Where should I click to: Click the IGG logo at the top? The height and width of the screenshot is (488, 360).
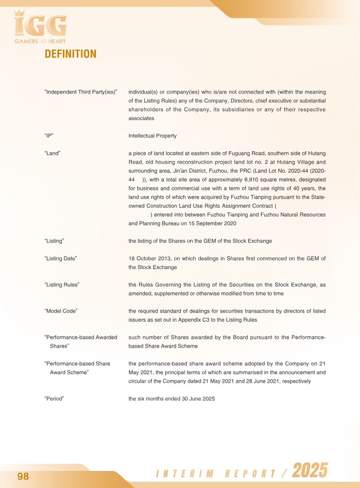coord(40,24)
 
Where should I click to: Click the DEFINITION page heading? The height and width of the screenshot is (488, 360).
coord(70,54)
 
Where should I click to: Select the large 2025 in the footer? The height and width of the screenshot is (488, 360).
coord(310,471)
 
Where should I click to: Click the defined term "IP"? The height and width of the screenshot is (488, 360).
coord(49,136)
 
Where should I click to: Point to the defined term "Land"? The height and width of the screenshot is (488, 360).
coord(53,153)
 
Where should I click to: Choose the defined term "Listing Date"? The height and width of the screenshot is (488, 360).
coord(61,258)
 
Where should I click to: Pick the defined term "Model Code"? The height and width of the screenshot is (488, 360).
coord(61,311)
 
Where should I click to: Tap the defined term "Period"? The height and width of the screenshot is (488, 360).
coord(54,398)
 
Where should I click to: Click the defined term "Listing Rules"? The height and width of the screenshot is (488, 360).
coord(62,285)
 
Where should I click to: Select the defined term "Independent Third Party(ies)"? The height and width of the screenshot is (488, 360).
coord(81,92)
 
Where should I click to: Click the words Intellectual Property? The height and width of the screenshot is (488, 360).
coord(153,136)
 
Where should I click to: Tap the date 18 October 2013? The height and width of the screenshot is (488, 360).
coord(149,258)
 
